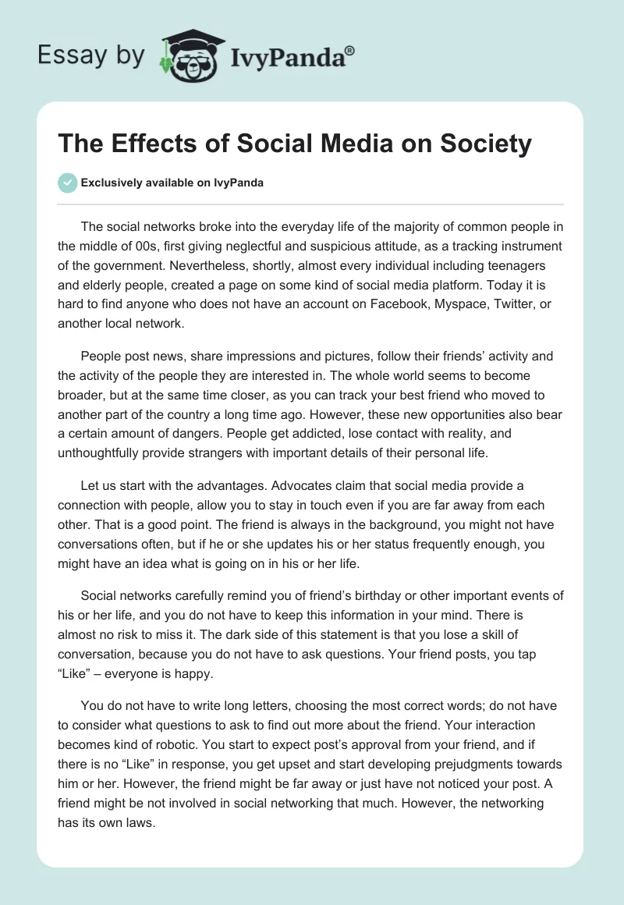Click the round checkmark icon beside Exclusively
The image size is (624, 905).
[68, 183]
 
